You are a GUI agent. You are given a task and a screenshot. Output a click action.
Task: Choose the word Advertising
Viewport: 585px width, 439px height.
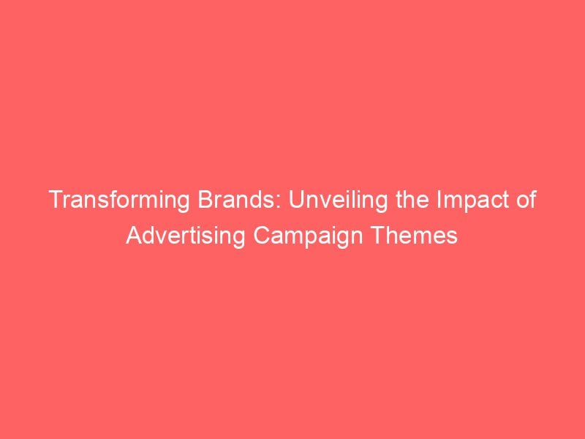(176, 237)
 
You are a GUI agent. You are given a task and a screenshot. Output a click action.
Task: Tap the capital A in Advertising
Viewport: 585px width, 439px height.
(132, 237)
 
